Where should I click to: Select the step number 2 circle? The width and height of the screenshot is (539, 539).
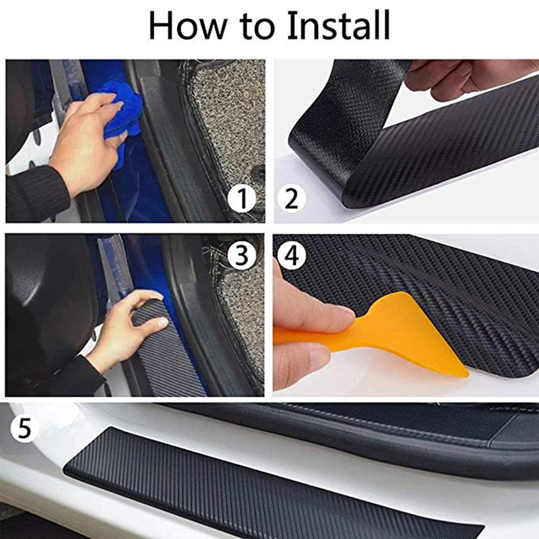(291, 199)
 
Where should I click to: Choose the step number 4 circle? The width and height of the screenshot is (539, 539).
(291, 255)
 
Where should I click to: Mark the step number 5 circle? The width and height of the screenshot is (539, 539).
(25, 429)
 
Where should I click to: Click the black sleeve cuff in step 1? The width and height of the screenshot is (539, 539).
(37, 192)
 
